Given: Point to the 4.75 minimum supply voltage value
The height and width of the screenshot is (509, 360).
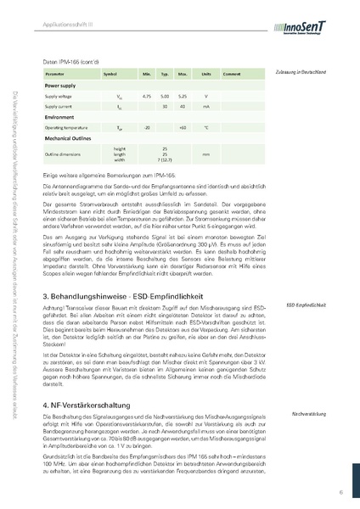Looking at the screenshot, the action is (146, 97).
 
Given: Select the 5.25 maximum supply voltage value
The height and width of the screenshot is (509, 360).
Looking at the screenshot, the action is (183, 97).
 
